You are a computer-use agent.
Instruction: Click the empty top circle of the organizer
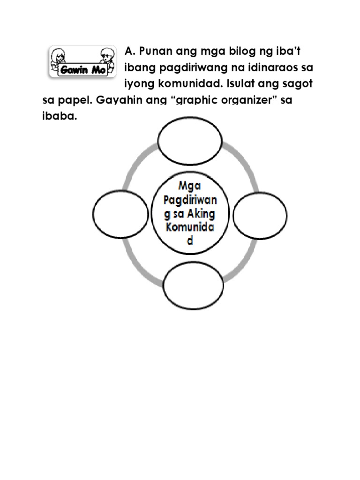(x=190, y=139)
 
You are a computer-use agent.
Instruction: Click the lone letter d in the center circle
(x=190, y=242)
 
